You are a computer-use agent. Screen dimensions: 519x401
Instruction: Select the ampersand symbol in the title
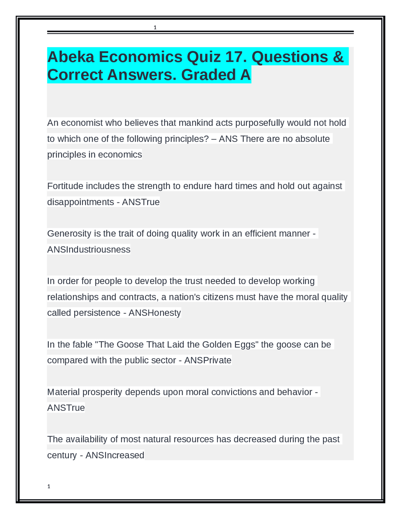click(x=338, y=57)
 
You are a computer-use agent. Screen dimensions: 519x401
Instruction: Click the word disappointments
click(x=81, y=202)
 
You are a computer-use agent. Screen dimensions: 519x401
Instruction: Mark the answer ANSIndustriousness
click(x=89, y=249)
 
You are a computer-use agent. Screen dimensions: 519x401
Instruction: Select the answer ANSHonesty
click(x=155, y=313)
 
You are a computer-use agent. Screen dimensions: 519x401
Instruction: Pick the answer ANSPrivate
click(x=208, y=360)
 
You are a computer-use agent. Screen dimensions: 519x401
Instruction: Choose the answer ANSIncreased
click(x=115, y=455)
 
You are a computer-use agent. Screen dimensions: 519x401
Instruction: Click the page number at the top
click(x=155, y=28)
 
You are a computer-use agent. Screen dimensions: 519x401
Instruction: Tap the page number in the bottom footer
click(x=49, y=486)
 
